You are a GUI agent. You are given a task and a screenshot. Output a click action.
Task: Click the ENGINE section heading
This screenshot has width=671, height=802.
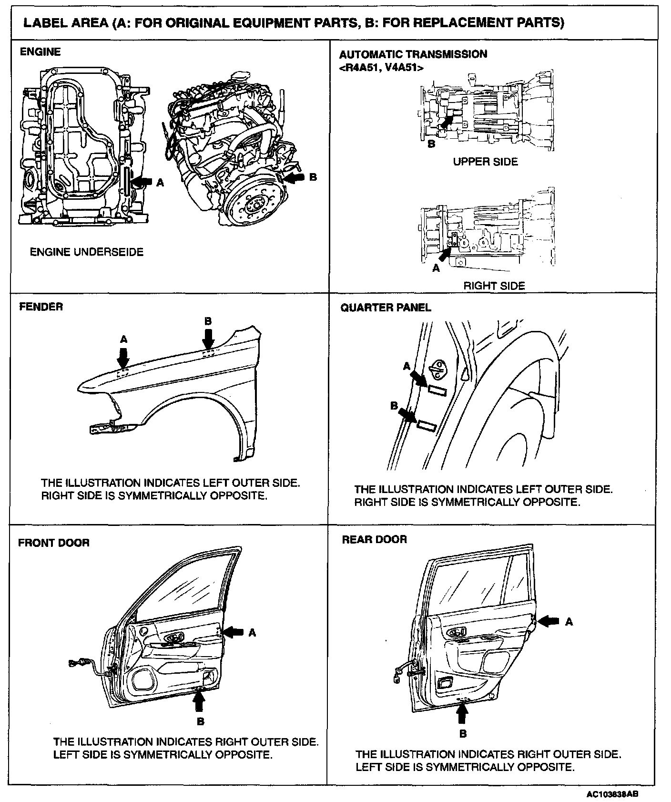click(40, 52)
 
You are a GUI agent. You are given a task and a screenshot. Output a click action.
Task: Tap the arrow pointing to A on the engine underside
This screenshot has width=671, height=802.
click(142, 182)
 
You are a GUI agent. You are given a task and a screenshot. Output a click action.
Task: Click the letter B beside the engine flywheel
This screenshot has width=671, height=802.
click(313, 177)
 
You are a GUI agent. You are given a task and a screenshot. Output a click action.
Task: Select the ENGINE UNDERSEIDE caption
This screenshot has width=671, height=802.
click(87, 252)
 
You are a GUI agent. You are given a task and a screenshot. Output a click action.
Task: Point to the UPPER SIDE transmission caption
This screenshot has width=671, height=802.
click(485, 162)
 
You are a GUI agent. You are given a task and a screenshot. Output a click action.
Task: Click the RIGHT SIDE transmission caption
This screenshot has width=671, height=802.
click(494, 286)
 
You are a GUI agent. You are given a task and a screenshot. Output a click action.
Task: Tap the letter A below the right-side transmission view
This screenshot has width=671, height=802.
click(436, 268)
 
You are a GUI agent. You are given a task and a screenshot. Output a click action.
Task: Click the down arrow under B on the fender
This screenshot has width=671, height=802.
click(208, 339)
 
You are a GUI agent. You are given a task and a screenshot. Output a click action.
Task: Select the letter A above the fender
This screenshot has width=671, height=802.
click(124, 339)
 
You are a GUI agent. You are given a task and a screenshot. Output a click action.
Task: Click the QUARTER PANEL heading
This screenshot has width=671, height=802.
click(386, 308)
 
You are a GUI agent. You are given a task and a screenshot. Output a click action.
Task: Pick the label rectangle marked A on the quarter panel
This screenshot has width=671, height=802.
click(437, 391)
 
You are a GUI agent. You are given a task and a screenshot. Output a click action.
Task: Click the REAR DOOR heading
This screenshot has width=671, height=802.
click(374, 539)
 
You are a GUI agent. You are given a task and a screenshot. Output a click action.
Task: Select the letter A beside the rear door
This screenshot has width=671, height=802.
click(569, 622)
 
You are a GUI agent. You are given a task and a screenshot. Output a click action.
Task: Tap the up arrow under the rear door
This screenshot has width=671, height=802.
click(462, 715)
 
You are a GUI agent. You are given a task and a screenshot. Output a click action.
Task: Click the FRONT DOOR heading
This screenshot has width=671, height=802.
click(53, 543)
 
